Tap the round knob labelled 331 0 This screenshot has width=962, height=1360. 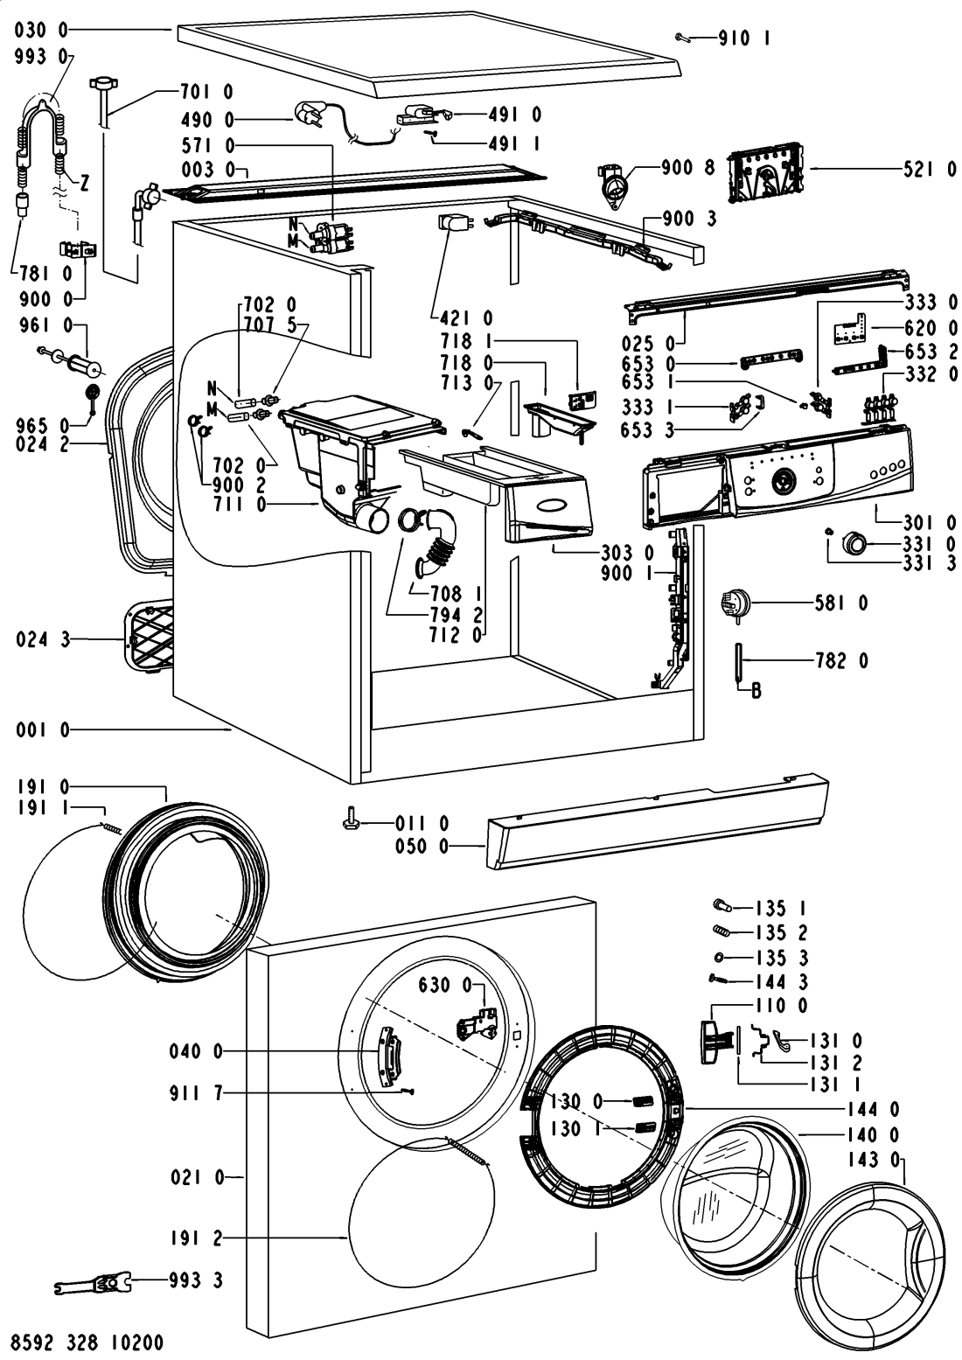(x=853, y=543)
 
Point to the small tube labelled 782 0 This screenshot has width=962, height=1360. (x=740, y=661)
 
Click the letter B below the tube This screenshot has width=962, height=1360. (x=756, y=691)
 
